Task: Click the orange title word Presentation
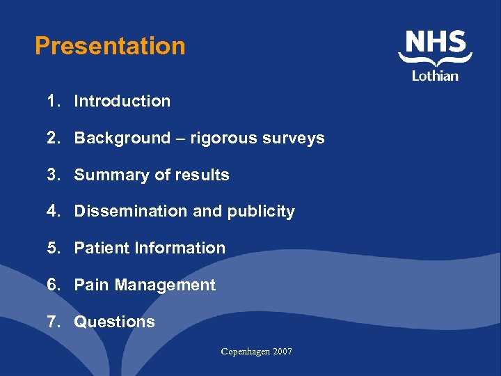coord(110,47)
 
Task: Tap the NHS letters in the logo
coord(436,43)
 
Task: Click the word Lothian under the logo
coord(435,75)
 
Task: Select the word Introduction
coord(122,101)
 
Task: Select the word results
coord(203,175)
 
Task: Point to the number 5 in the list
coord(52,248)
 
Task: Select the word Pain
coord(92,285)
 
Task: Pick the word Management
coord(166,285)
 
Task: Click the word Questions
coord(115,322)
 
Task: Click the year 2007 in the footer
coord(283,352)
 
